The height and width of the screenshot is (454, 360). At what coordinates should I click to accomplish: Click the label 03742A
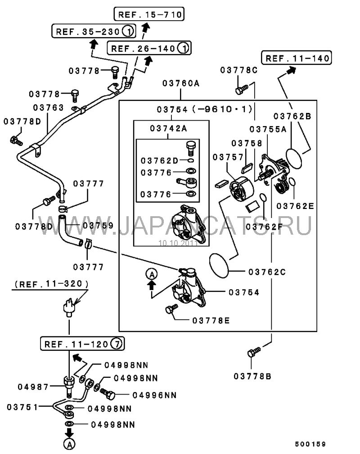[168, 128]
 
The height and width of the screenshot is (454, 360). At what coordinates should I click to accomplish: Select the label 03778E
[211, 320]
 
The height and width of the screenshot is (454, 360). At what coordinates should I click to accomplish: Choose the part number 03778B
[252, 376]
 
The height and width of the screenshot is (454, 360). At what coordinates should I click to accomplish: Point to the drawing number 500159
[310, 444]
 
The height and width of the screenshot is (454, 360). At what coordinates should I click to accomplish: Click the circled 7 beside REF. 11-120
[117, 344]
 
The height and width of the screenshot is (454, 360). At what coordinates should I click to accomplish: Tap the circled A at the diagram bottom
[69, 444]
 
